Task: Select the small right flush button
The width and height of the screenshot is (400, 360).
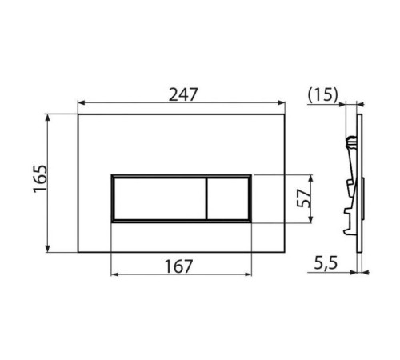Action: (x=229, y=198)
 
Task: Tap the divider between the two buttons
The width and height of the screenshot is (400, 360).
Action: (x=206, y=198)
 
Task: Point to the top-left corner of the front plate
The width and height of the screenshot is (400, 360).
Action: (x=78, y=114)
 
